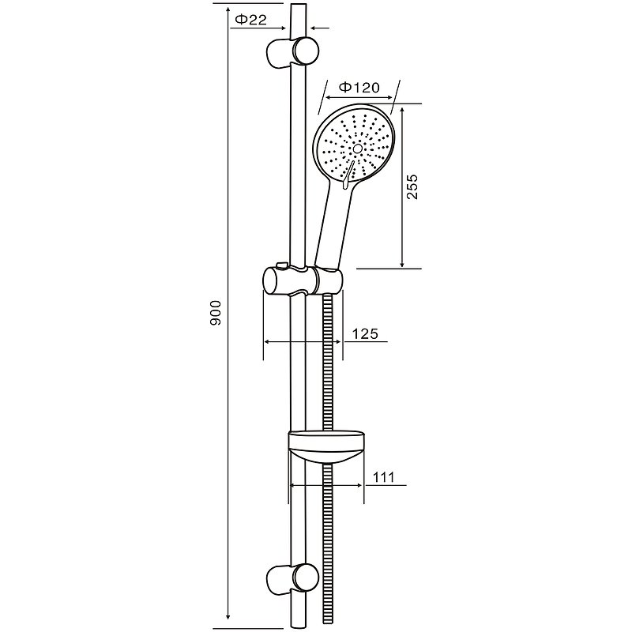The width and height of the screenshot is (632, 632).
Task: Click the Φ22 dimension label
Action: coord(250,20)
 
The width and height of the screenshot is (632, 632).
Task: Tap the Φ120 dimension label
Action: coord(359,87)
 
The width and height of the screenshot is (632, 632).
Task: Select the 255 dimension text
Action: coord(412,186)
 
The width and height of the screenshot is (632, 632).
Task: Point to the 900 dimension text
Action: coord(216,312)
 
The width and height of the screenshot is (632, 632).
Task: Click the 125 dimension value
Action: coord(366,333)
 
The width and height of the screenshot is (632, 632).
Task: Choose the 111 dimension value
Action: coord(383,477)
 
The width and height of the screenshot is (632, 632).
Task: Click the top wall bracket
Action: coord(292,51)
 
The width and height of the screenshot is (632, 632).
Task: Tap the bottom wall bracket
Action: coord(292,579)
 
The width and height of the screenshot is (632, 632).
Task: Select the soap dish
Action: coord(326,447)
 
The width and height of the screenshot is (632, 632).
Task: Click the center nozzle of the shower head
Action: coord(357,149)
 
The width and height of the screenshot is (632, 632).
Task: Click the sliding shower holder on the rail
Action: coord(303,280)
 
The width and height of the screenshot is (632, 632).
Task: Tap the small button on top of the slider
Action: coord(281,265)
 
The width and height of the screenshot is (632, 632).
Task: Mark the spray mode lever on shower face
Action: coord(348,174)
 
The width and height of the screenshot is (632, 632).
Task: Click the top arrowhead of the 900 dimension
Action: coord(228,9)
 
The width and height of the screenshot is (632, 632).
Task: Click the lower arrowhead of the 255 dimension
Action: coord(402,263)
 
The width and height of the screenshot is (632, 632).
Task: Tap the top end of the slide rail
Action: coord(298,5)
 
